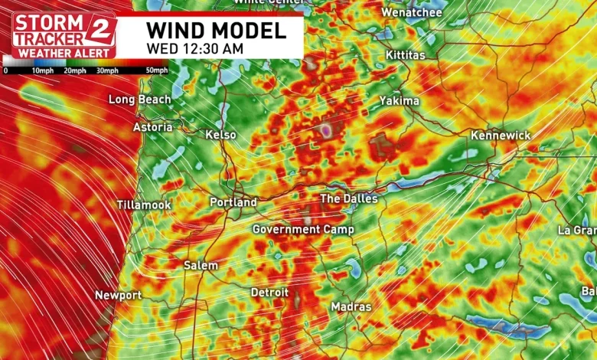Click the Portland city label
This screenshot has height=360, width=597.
[x=233, y=202]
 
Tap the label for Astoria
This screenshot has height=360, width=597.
[x=152, y=127]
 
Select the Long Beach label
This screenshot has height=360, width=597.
[x=139, y=100]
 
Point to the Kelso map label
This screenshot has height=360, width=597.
[x=221, y=135]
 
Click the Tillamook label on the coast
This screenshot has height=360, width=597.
[x=144, y=205]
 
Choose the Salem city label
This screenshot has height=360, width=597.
[x=201, y=265]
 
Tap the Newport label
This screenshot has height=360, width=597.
[x=118, y=295]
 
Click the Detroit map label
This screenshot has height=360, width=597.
[x=269, y=293]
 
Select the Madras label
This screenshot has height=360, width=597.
[x=351, y=306]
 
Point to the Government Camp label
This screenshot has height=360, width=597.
[x=303, y=230]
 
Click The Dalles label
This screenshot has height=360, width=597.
[x=348, y=198]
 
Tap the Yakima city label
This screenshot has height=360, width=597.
[x=399, y=101]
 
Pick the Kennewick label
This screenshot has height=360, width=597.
[x=500, y=135]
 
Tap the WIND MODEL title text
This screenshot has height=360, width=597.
[x=216, y=31]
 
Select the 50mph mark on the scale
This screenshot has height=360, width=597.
[x=156, y=70]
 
